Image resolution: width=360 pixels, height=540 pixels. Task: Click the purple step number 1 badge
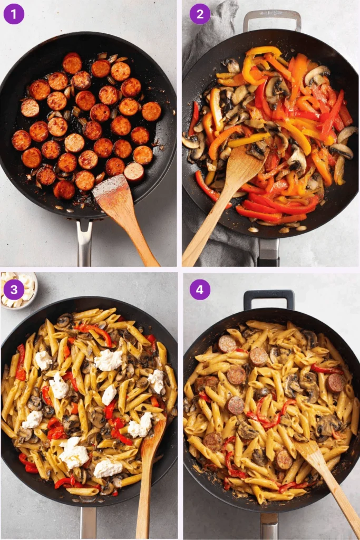point(14,14)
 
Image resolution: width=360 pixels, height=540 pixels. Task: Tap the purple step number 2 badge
point(200,14)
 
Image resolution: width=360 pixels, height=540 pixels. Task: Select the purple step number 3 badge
point(14,289)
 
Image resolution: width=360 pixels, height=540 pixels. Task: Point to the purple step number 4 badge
point(200,289)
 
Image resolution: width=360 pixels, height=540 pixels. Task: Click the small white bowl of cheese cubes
point(18,287)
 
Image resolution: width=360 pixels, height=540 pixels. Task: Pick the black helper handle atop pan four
point(269,297)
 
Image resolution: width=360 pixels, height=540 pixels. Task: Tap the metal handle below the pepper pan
point(268,252)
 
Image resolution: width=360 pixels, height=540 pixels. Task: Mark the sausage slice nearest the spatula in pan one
point(134,171)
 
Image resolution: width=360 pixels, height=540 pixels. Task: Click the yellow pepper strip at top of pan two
point(264,52)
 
